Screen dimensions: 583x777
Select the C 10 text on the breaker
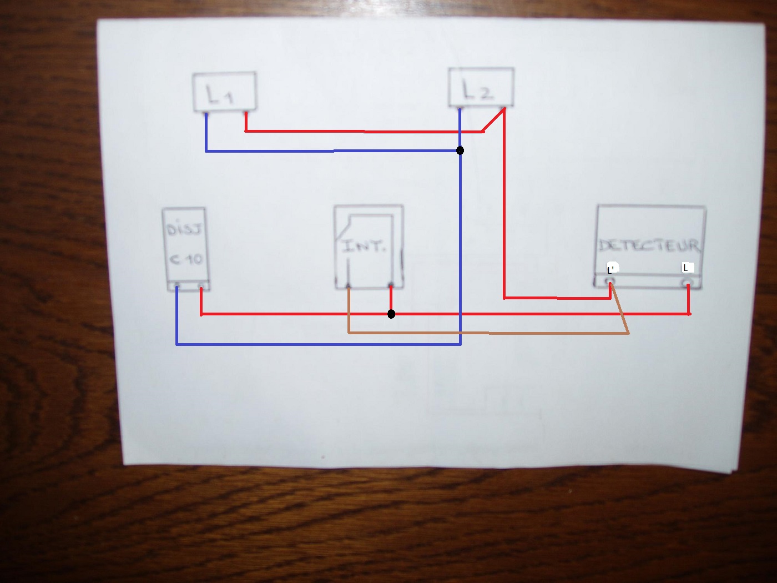186,259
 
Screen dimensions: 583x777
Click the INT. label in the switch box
364,246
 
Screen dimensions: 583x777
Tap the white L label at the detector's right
688,268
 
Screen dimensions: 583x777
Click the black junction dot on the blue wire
460,150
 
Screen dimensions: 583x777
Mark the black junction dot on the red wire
391,314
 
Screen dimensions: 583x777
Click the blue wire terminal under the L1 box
206,114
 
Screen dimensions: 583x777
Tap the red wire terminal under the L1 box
246,113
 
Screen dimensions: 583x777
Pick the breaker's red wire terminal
202,287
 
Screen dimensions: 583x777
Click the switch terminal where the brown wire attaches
348,287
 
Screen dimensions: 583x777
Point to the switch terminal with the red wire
391,286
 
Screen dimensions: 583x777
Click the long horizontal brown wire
488,333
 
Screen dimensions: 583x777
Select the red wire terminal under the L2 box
503,108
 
